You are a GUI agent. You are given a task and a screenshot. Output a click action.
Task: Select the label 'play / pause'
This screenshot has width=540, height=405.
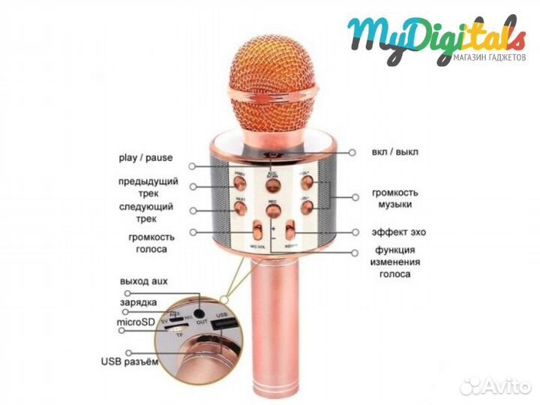click(145, 157)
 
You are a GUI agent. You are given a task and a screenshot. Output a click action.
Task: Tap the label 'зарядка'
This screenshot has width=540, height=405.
click(139, 302)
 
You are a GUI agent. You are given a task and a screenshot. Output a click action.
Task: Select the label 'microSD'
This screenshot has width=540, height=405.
click(139, 322)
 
